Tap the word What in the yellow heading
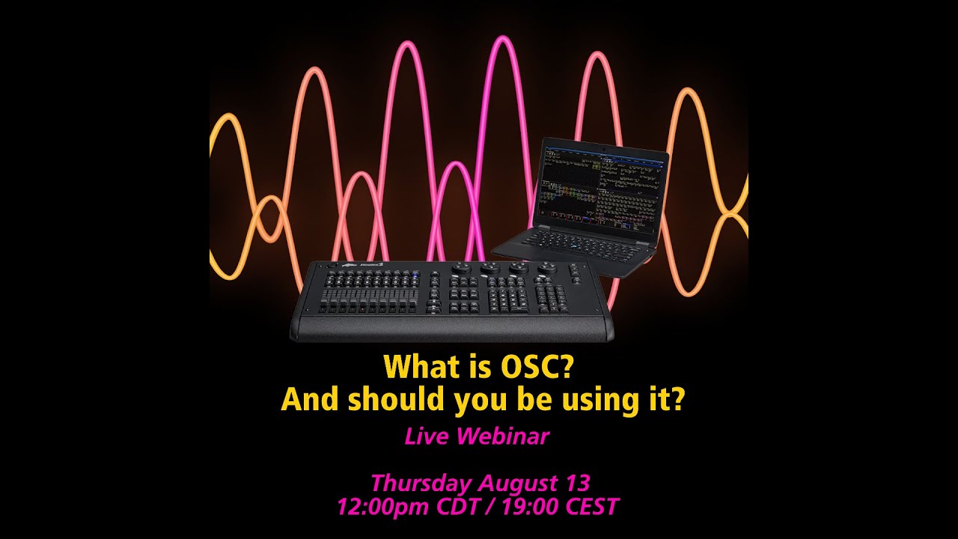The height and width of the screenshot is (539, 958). point(419,368)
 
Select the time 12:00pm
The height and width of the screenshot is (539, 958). point(385,507)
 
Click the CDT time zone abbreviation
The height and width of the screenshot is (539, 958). point(466,507)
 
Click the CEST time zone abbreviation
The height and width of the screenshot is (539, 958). point(592,507)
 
